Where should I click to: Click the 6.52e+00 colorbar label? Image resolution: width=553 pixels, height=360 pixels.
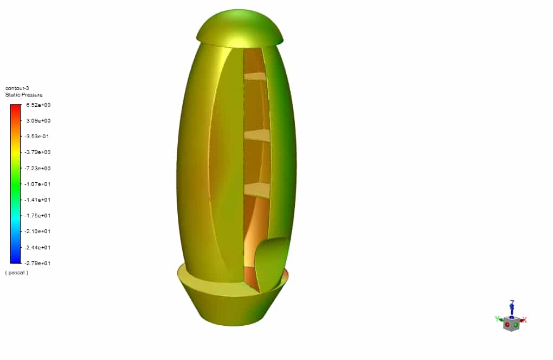tap(38, 105)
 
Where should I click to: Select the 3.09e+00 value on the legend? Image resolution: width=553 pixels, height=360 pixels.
tap(38, 120)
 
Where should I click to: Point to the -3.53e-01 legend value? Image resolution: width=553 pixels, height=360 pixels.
tap(37, 137)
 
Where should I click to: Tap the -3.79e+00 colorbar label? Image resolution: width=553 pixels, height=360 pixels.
tap(37, 152)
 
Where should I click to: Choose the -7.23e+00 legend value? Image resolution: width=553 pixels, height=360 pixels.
tap(37, 169)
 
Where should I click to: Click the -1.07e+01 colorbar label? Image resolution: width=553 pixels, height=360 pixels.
tap(37, 184)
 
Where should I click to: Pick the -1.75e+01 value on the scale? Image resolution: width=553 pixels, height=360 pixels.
tap(37, 215)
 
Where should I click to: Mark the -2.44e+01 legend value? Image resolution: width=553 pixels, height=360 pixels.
tap(37, 248)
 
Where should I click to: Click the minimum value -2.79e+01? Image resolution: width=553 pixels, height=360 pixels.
tap(37, 263)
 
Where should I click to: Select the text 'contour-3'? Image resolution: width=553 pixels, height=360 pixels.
tap(17, 88)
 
